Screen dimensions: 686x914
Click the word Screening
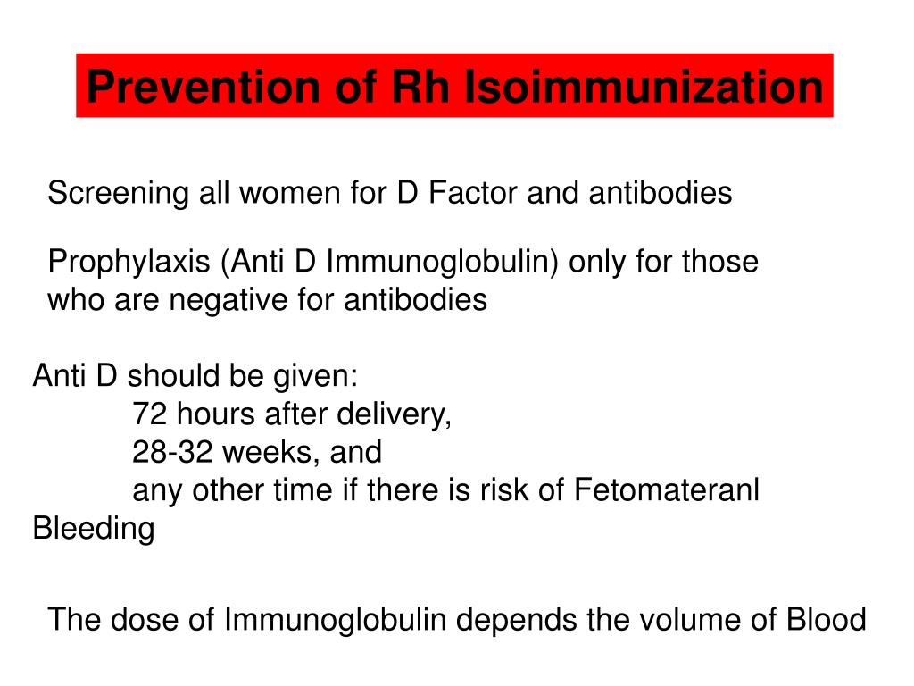[118, 193]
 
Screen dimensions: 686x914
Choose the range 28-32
[173, 452]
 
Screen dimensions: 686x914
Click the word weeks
[271, 452]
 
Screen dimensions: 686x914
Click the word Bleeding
[93, 529]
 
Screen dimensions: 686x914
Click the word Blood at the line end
[826, 619]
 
